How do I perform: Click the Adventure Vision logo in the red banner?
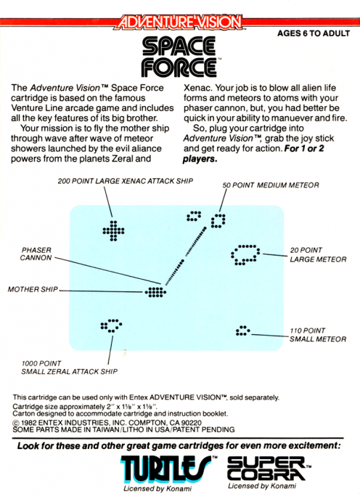179,23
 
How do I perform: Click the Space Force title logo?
179,59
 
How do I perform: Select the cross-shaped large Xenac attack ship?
112,232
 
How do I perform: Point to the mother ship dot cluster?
155,292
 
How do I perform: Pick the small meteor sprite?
242,331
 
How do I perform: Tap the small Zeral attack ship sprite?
111,325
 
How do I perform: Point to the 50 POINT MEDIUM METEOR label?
270,185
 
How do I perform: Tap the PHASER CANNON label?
36,253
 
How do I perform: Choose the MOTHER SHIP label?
32,289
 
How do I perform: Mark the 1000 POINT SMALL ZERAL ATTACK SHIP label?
70,367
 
